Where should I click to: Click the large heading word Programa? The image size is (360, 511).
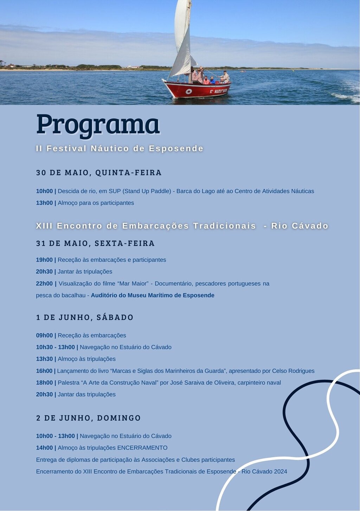(x=98, y=124)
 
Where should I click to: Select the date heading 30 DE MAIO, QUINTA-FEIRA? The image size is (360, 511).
(x=99, y=173)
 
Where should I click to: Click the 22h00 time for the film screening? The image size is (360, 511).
(x=44, y=284)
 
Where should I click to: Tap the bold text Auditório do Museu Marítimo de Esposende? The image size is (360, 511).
(x=153, y=296)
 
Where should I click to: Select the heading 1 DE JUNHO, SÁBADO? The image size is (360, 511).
(x=85, y=317)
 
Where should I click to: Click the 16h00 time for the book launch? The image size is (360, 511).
(x=44, y=371)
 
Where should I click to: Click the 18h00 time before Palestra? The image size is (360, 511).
(x=44, y=383)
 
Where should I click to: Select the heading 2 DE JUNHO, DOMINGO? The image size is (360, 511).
(x=88, y=418)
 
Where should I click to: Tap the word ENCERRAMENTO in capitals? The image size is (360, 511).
(x=142, y=448)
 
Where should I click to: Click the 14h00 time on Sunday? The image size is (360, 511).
(x=44, y=448)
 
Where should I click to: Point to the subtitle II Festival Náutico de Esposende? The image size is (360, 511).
(x=120, y=148)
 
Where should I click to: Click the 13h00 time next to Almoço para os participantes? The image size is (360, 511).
(x=44, y=203)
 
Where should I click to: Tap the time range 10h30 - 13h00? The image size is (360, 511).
(x=55, y=347)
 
